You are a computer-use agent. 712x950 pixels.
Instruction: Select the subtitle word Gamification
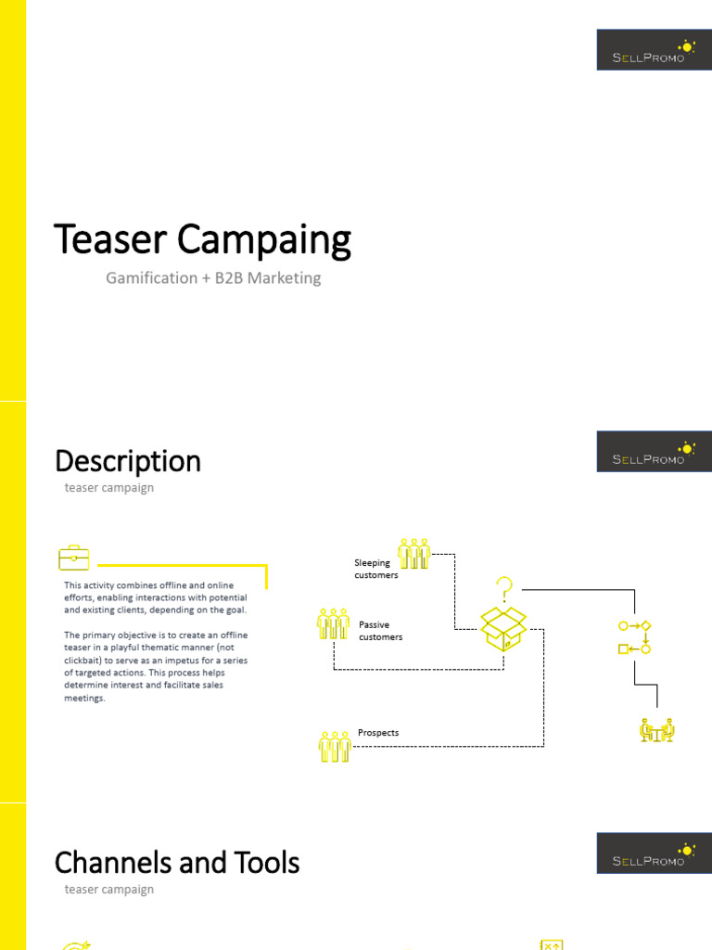click(x=151, y=277)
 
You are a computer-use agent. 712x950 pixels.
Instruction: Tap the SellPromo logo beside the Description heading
click(x=654, y=452)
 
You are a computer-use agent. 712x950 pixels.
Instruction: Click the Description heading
click(x=128, y=461)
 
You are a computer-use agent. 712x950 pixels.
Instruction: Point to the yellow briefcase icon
click(x=74, y=558)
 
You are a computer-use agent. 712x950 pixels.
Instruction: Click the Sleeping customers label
click(x=375, y=569)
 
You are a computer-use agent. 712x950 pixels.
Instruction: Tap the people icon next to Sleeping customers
click(x=413, y=554)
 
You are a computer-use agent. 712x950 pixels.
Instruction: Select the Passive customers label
click(x=380, y=631)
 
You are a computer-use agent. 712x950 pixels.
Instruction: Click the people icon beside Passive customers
click(x=333, y=623)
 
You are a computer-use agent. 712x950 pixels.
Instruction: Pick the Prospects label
click(x=378, y=733)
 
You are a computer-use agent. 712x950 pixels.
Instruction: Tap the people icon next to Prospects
click(x=335, y=746)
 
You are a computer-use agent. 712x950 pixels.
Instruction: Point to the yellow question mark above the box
click(x=504, y=588)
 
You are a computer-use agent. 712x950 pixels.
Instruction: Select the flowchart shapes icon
click(x=635, y=636)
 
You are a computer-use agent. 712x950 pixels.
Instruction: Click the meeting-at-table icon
click(x=657, y=731)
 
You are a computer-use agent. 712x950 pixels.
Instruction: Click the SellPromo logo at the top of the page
click(x=654, y=50)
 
